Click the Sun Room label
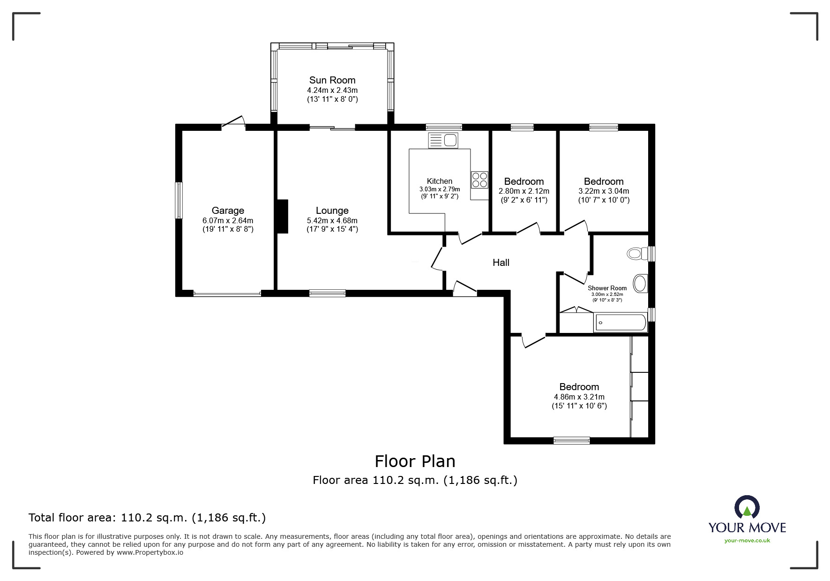click(x=332, y=80)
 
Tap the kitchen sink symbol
click(x=443, y=140)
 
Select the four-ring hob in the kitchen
click(x=479, y=180)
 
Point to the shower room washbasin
click(x=640, y=283)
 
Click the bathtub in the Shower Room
click(x=621, y=323)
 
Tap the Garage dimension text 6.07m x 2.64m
click(x=227, y=220)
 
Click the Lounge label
click(x=332, y=211)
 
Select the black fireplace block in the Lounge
click(x=282, y=216)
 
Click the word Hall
click(x=501, y=263)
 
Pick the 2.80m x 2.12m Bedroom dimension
click(x=523, y=191)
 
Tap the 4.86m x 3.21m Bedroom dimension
click(x=579, y=397)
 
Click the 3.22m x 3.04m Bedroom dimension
click(x=603, y=191)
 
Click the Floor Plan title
click(x=415, y=461)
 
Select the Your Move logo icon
click(x=747, y=507)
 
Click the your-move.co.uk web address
click(x=747, y=541)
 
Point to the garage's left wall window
click(x=179, y=200)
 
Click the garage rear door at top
click(x=233, y=123)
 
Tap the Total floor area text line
click(x=147, y=518)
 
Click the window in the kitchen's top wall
click(x=443, y=127)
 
